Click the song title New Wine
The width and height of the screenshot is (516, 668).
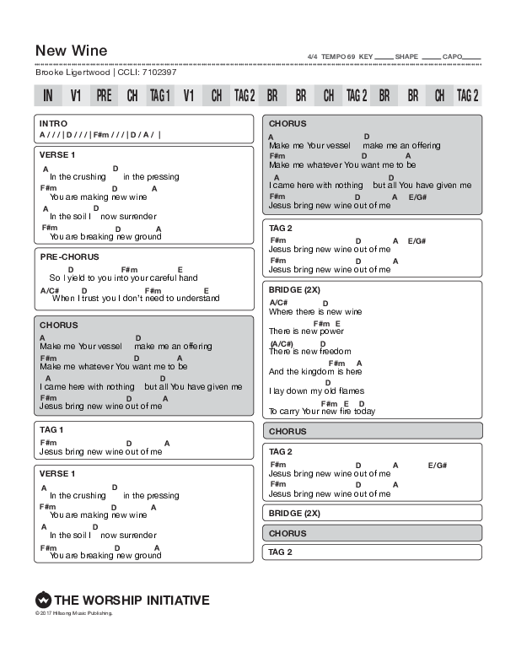pos(71,51)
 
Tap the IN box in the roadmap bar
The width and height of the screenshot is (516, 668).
pos(48,95)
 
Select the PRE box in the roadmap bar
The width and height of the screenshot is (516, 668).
pos(104,95)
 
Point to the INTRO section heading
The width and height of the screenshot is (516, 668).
pos(53,124)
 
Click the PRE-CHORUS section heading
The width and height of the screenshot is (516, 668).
pos(69,256)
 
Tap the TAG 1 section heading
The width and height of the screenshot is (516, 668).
pos(51,429)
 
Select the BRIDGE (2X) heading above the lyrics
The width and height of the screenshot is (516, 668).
pos(294,288)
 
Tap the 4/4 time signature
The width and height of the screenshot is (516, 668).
pos(313,57)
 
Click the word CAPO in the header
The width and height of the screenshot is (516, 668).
pos(453,57)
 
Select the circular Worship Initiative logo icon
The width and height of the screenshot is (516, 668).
pos(43,601)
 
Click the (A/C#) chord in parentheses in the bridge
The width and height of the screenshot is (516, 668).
pos(282,343)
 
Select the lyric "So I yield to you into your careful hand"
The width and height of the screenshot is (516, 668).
pos(123,277)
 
